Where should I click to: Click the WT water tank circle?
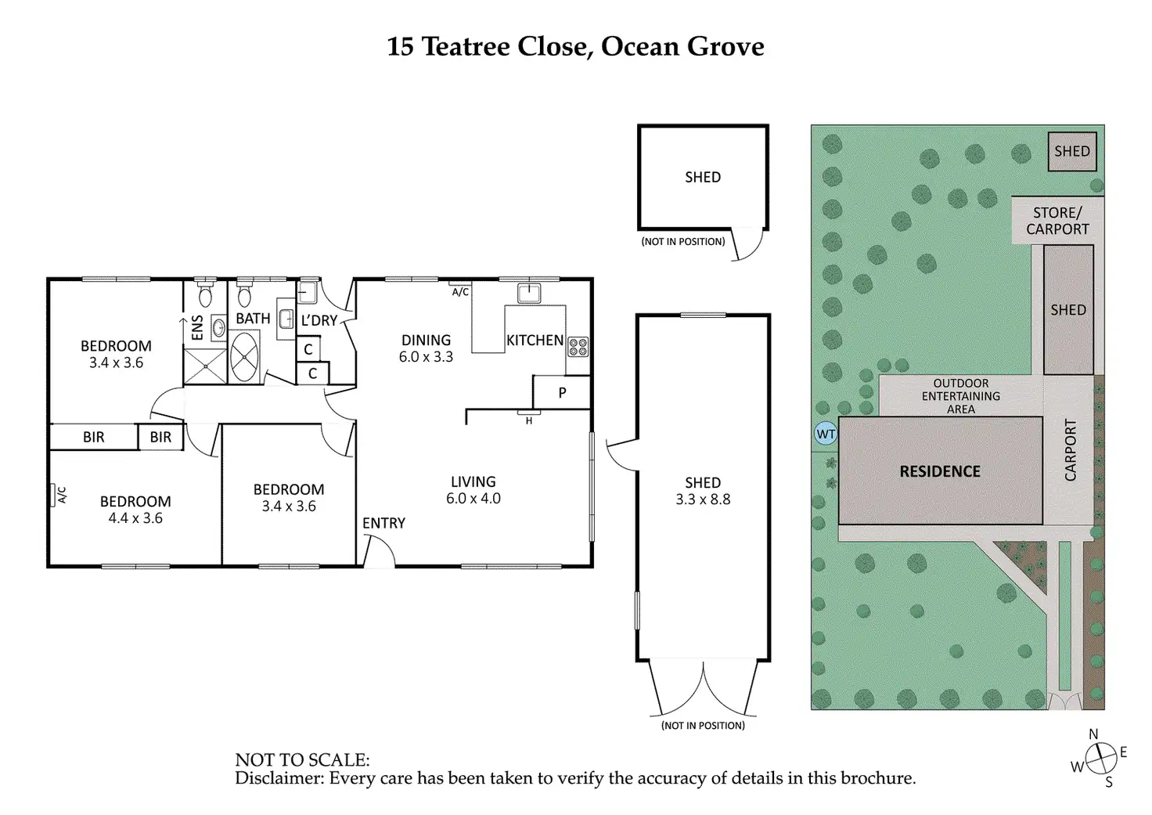826,434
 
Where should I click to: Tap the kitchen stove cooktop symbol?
578,347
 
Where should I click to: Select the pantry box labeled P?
562,393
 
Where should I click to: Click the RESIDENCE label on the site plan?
940,471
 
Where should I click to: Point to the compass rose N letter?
1093,734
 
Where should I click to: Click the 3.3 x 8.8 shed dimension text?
703,499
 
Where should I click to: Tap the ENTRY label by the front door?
383,523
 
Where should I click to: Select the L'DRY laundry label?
319,320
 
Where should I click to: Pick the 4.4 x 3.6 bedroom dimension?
135,518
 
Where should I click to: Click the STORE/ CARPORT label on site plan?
1057,221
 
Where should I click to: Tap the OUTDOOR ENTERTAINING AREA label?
960,396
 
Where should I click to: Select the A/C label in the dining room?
460,292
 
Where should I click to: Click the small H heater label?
529,421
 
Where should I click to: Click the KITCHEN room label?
535,341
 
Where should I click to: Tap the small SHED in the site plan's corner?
1071,152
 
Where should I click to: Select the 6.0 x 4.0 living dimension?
473,499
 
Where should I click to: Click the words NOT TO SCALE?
302,759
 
